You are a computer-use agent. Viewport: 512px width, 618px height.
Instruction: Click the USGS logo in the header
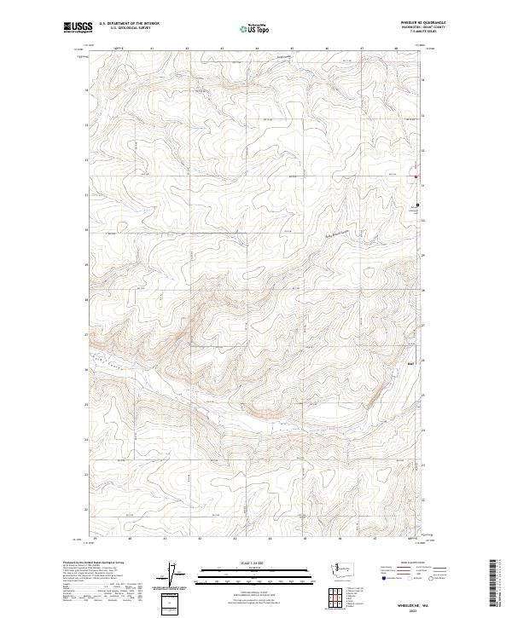pos(76,27)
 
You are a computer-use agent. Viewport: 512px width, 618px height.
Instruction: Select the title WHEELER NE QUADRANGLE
pos(424,22)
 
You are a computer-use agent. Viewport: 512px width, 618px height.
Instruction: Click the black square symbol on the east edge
pos(417,205)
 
